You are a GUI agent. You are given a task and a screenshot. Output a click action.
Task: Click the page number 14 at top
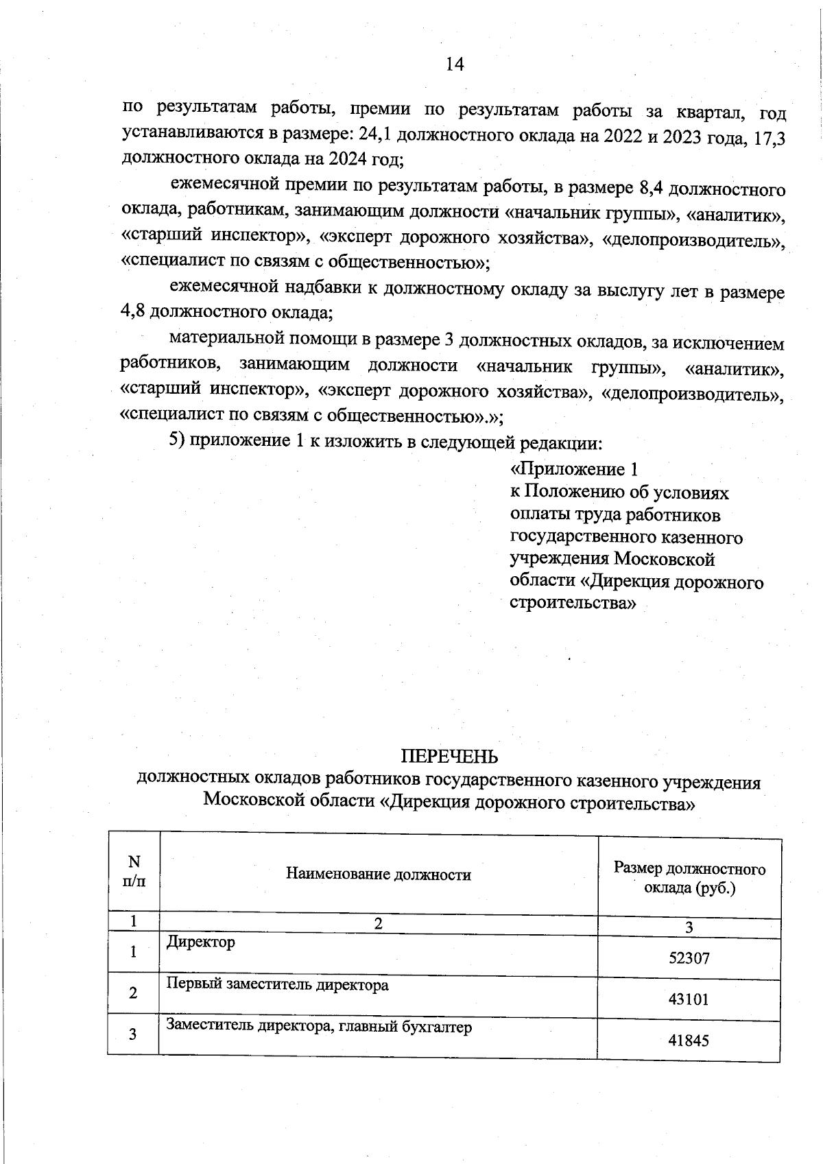point(455,64)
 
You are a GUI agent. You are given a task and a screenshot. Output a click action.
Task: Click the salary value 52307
point(689,958)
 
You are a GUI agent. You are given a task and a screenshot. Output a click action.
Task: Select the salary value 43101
point(689,999)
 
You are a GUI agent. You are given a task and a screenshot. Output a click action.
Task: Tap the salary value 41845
point(689,1040)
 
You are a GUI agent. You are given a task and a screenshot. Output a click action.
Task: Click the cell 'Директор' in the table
point(200,942)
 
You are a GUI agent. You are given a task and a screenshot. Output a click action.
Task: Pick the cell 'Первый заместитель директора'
point(277,984)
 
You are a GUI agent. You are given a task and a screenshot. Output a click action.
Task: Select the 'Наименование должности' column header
point(378,875)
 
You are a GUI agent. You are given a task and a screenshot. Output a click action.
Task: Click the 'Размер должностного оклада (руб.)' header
point(689,879)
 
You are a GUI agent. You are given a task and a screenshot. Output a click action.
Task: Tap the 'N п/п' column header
point(134,872)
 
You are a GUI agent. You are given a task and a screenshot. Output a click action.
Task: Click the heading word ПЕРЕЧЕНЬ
point(449,757)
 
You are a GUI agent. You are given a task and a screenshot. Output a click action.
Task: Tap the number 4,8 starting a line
point(133,313)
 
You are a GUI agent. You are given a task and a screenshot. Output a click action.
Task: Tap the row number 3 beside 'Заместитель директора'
point(134,1034)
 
